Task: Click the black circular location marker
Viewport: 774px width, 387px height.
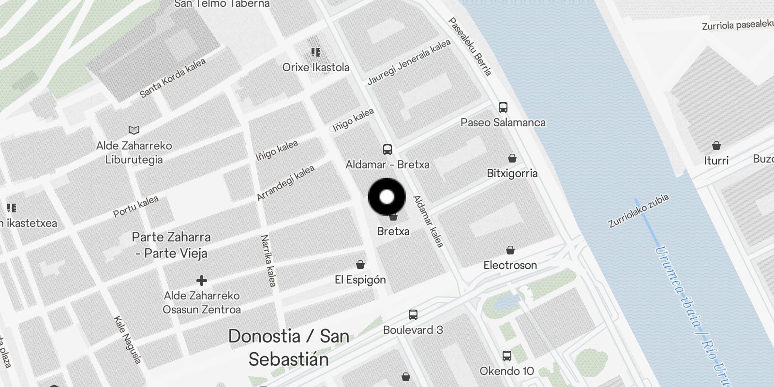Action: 387,197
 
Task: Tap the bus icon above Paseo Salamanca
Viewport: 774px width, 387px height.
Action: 503,107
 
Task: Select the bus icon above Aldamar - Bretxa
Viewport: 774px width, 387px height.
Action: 387,149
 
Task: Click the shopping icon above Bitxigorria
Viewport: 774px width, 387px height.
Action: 512,158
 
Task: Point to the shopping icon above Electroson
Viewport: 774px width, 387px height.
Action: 510,250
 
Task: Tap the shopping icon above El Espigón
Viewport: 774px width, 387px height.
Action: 360,265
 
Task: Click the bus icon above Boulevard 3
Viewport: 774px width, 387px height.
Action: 413,315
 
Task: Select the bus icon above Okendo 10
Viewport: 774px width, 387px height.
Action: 507,357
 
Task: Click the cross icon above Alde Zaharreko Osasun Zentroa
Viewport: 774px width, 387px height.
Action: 202,281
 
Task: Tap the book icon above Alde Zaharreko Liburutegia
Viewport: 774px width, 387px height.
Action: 134,131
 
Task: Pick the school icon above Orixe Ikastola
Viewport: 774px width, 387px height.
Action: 316,52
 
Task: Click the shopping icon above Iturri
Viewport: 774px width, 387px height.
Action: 716,146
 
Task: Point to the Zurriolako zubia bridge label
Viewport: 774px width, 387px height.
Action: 639,210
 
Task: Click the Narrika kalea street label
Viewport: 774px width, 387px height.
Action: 268,260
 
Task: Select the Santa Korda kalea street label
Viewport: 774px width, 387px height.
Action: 173,78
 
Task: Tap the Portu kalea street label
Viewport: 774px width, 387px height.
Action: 136,207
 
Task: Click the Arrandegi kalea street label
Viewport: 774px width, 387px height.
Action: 285,183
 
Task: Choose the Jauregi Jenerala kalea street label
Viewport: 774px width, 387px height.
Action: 409,62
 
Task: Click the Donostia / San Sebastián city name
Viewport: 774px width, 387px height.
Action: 289,347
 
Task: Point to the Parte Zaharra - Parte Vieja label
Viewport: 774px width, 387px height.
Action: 172,245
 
